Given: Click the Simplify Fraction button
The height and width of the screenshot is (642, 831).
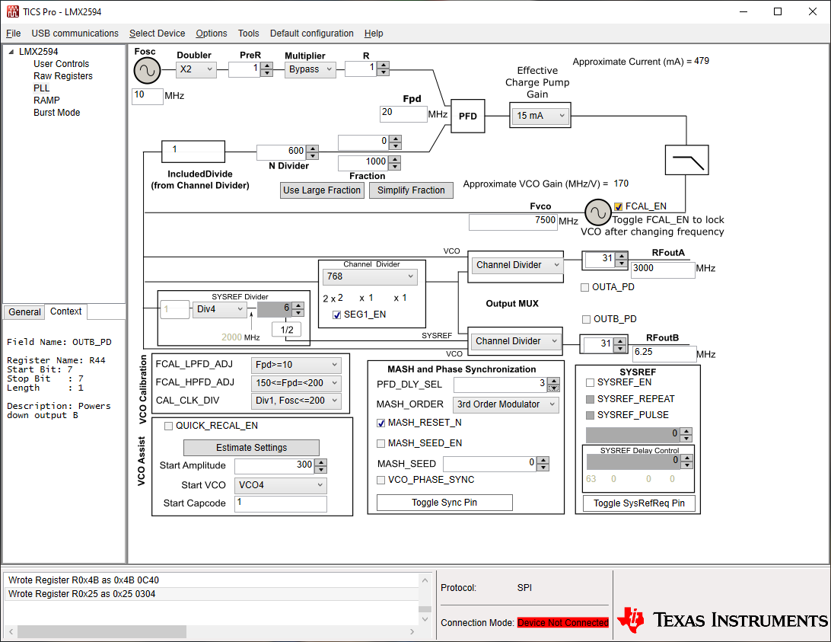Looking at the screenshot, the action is click(x=411, y=190).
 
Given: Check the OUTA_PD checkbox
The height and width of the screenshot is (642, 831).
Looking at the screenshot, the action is click(x=585, y=288).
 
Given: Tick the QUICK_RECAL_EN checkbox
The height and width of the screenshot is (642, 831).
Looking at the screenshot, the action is click(x=168, y=426).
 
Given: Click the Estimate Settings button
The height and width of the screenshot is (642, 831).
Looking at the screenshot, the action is click(x=251, y=448).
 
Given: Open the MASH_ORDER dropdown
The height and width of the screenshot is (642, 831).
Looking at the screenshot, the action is click(x=505, y=404).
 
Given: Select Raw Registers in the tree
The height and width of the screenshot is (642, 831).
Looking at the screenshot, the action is click(x=63, y=76).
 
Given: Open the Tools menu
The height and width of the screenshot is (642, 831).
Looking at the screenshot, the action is click(x=249, y=34).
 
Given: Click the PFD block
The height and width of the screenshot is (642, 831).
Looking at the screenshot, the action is click(x=467, y=117).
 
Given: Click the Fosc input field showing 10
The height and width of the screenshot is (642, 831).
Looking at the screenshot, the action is click(x=148, y=95).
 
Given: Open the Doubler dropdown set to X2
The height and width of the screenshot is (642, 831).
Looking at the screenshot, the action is click(x=196, y=69).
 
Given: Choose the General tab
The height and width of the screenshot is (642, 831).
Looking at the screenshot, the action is click(x=24, y=312).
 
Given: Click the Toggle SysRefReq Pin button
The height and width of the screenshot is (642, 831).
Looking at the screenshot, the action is click(x=638, y=503).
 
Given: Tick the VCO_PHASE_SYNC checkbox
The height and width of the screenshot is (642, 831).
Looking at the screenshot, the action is click(x=380, y=481).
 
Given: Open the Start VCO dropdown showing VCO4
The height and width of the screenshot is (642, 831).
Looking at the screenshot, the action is click(x=280, y=485).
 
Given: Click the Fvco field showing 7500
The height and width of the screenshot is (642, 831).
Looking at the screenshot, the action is click(x=513, y=222).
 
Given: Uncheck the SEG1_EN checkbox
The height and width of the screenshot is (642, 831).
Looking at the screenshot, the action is click(x=336, y=315).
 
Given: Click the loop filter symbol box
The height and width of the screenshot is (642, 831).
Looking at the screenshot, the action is click(x=687, y=160).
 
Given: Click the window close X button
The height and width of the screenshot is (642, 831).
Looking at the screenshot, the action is click(x=813, y=11).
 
